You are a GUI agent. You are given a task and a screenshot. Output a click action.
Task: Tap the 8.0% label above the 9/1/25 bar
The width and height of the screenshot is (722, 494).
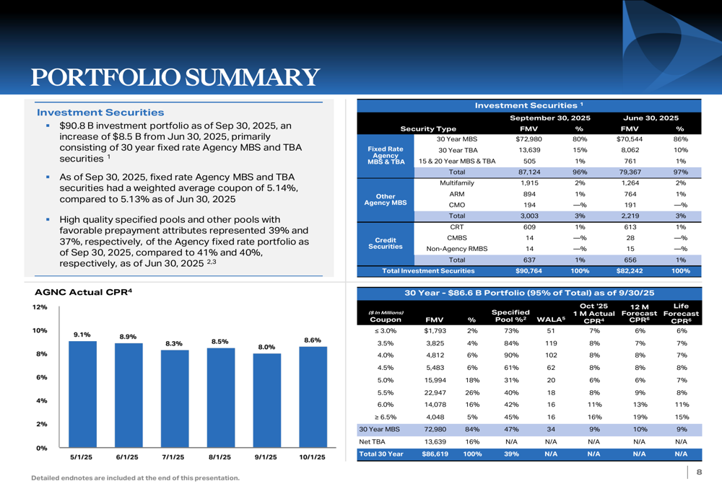(x=266, y=347)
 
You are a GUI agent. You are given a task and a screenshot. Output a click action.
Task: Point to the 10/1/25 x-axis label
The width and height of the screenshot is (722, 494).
(x=313, y=458)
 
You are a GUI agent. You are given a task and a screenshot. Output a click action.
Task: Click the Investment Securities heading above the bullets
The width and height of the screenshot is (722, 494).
(x=100, y=113)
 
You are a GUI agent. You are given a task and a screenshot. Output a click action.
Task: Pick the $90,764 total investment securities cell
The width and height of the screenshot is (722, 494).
(x=524, y=271)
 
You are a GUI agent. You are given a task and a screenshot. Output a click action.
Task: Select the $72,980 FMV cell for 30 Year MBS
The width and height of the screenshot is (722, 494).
(x=524, y=139)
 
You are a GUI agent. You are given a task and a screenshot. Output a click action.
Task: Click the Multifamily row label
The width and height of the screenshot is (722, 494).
(x=456, y=184)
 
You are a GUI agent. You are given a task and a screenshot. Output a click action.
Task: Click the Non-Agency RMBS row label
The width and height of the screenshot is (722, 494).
(x=456, y=249)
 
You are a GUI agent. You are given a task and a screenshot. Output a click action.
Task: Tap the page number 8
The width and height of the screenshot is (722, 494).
(x=699, y=472)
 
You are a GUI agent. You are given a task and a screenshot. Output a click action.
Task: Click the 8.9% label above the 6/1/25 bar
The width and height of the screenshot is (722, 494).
(x=128, y=336)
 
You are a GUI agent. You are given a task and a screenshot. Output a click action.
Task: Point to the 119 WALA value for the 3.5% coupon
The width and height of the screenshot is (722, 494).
(x=551, y=343)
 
